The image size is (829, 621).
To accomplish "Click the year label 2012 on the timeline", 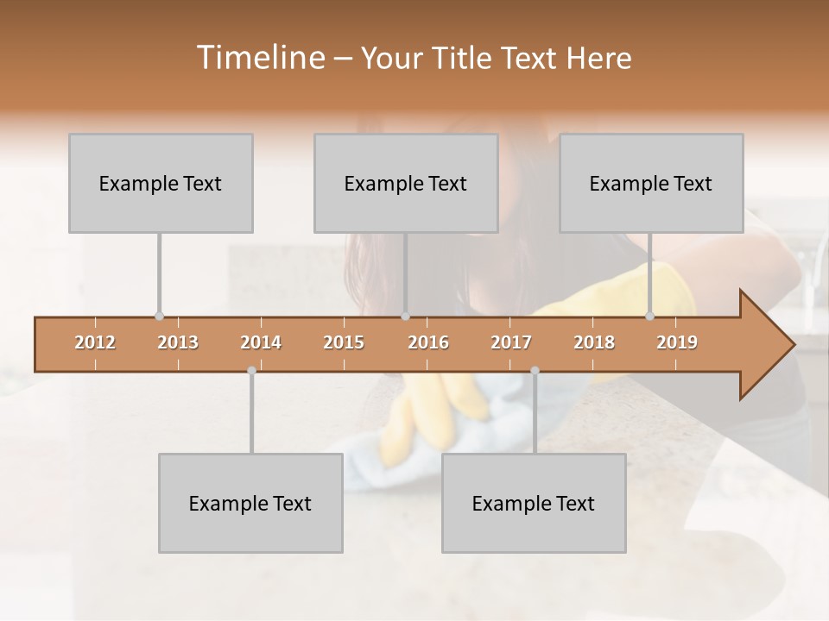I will click(95, 342).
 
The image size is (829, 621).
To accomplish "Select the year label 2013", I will click(178, 342).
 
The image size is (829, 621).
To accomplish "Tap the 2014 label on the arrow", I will click(261, 342).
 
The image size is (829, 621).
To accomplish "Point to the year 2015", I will click(344, 342).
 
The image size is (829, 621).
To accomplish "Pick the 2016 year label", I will click(428, 342).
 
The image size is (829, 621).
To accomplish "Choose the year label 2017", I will click(511, 342).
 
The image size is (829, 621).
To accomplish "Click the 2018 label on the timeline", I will click(594, 342).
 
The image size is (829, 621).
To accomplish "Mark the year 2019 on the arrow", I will click(677, 342).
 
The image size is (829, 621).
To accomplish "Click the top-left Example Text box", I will click(161, 183).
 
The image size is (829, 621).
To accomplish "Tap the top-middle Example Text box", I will click(406, 183).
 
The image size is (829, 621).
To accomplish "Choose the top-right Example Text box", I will click(651, 183).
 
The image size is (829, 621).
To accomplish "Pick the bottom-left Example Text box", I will click(250, 503).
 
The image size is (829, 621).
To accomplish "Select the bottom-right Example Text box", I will click(534, 503).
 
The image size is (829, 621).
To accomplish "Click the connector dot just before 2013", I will click(159, 316).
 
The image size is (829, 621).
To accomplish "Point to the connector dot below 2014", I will click(251, 371).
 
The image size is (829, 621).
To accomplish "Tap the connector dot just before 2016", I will click(405, 316).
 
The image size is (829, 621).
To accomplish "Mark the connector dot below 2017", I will click(535, 371).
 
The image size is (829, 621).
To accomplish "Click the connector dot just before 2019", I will click(650, 316).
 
